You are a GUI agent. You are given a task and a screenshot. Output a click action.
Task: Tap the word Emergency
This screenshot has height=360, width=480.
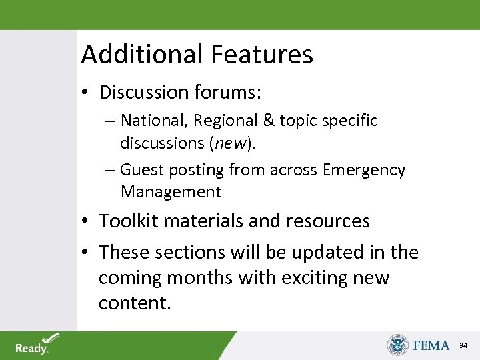[x=364, y=170]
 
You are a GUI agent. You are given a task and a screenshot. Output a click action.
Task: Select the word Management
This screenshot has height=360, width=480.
[x=171, y=193]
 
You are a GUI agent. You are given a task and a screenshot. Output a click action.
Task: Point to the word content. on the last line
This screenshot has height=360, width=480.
[x=135, y=303]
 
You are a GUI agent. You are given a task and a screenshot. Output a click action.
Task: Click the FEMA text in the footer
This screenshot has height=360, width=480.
[x=431, y=345]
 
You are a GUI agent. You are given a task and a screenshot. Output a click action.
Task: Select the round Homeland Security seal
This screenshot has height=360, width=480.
[x=398, y=345]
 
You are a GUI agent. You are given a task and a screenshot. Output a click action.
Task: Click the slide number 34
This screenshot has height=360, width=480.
[x=463, y=345]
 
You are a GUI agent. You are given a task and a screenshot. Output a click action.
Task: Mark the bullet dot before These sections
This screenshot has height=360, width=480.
[x=87, y=253]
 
